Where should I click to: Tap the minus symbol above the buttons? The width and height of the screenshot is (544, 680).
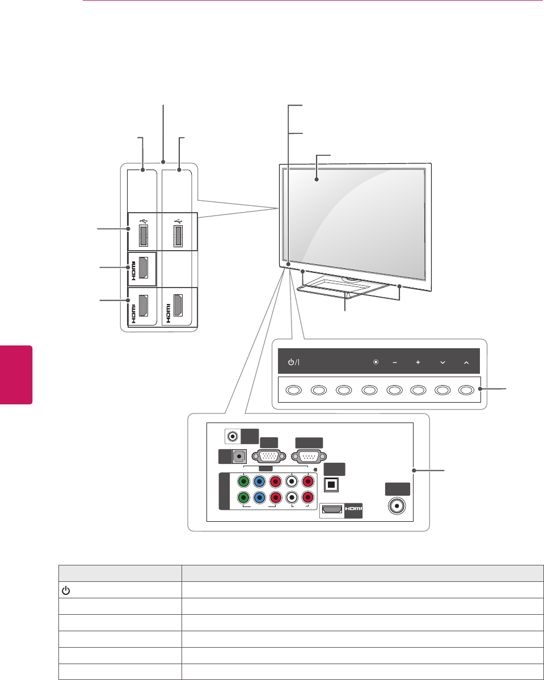point(394,362)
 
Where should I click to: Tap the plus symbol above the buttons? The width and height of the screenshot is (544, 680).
point(418,362)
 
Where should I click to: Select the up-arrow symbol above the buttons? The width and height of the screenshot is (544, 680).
point(466,362)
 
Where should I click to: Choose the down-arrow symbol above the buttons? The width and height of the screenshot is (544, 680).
point(442,362)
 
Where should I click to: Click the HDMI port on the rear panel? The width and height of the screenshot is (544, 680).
point(332,510)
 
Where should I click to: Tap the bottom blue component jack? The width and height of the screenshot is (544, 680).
point(260,500)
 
